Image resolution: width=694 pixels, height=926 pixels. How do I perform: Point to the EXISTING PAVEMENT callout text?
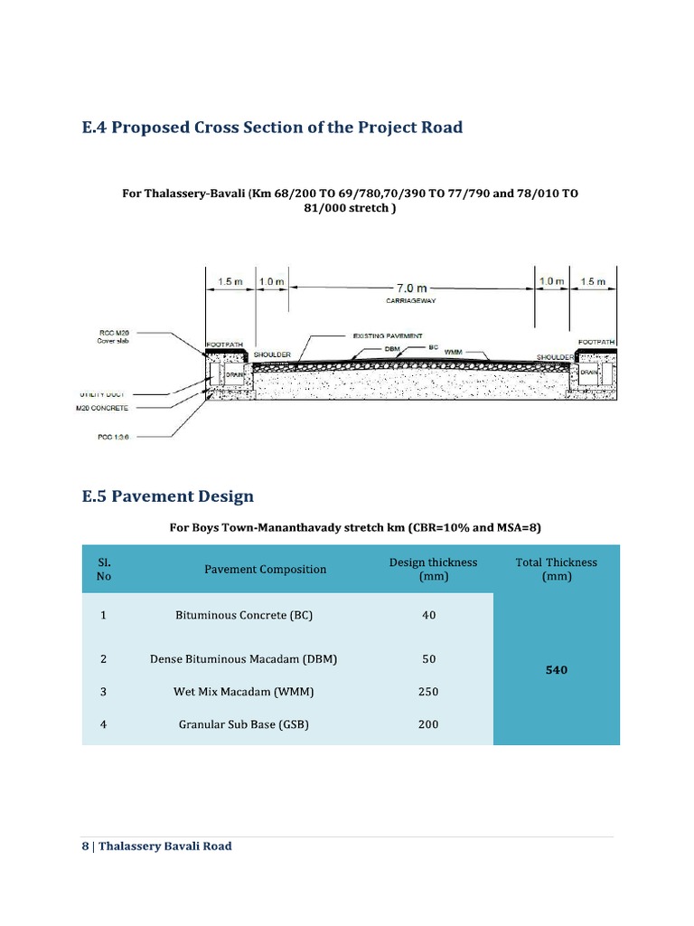click(386, 336)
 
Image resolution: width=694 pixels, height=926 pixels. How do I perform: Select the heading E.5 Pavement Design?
click(167, 496)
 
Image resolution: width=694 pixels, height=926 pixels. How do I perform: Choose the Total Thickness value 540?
click(556, 670)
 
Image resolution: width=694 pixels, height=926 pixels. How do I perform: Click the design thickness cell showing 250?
click(428, 692)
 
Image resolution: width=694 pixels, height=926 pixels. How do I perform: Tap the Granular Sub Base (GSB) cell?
click(243, 724)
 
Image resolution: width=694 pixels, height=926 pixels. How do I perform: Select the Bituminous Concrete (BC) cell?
click(243, 615)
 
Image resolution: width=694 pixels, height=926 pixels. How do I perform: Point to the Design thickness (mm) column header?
click(433, 569)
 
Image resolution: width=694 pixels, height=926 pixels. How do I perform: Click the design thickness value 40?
click(428, 615)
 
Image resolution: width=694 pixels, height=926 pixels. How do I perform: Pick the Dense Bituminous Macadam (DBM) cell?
click(243, 659)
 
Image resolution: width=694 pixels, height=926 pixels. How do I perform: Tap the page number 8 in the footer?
click(85, 846)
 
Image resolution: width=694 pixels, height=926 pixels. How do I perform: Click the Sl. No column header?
click(103, 569)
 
